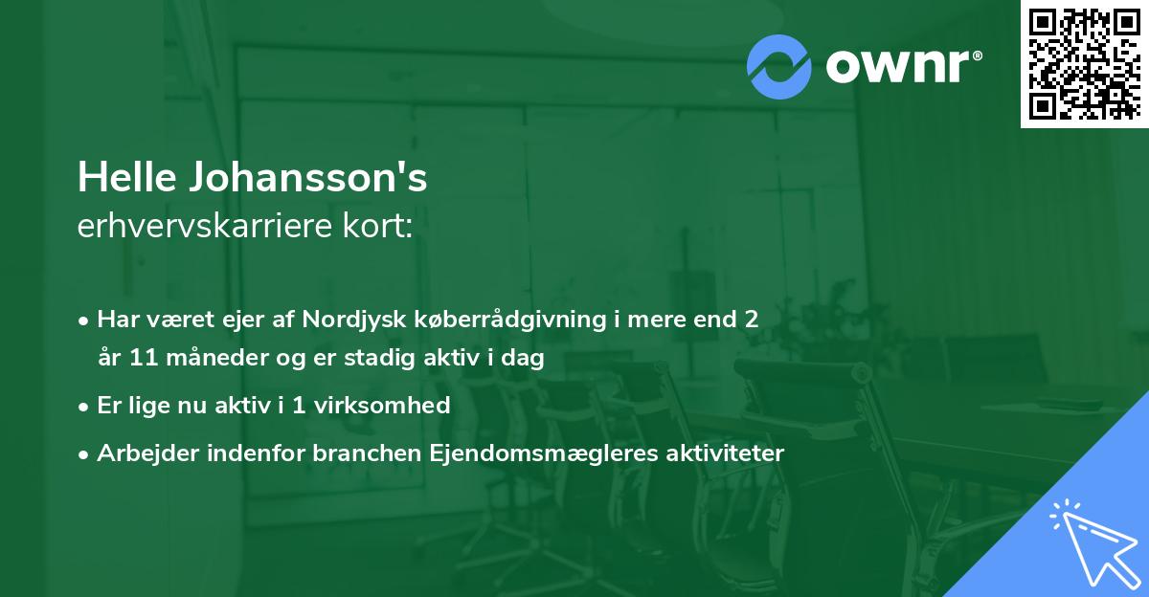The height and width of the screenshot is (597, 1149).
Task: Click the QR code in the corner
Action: pos(1084,63)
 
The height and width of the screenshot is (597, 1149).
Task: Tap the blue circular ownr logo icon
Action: pos(779,66)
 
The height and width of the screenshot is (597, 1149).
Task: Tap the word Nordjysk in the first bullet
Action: pos(346,320)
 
